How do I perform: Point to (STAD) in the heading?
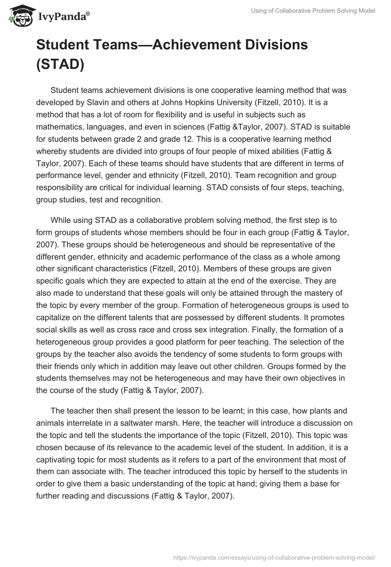(61, 65)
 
